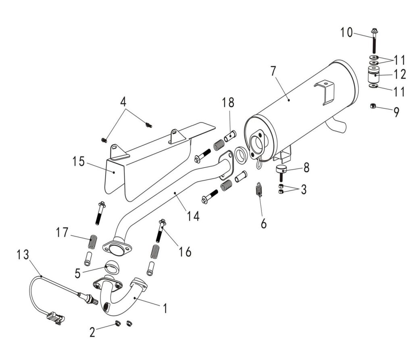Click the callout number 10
pyautogui.click(x=346, y=32)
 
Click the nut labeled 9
pyautogui.click(x=373, y=106)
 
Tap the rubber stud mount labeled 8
pyautogui.click(x=280, y=170)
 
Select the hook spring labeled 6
pyautogui.click(x=259, y=189)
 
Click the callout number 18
pyautogui.click(x=228, y=102)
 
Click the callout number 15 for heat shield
pyautogui.click(x=79, y=162)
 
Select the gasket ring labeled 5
pyautogui.click(x=112, y=266)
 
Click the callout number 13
pyautogui.click(x=23, y=255)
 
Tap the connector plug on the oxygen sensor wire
pyautogui.click(x=55, y=317)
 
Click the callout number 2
pyautogui.click(x=93, y=332)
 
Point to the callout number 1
pyautogui.click(x=165, y=308)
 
